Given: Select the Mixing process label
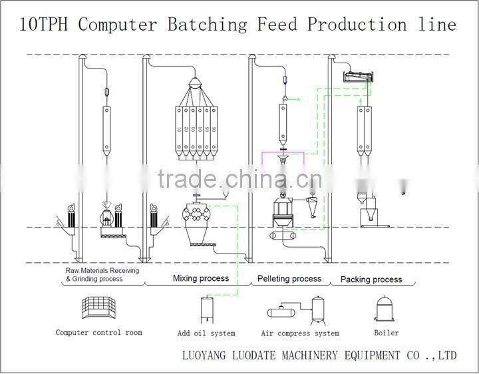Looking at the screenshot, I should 201,279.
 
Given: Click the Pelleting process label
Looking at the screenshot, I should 289,279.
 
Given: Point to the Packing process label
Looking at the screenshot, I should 371,280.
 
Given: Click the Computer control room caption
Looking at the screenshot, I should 98,332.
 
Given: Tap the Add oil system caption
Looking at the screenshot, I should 206,333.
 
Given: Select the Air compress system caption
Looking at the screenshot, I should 300,333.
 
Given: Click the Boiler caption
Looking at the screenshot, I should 386,332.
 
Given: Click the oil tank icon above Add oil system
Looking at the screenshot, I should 206,309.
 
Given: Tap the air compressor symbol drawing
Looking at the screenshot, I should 299,309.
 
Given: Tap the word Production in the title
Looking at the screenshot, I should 356,25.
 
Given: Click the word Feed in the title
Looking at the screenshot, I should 279,25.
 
